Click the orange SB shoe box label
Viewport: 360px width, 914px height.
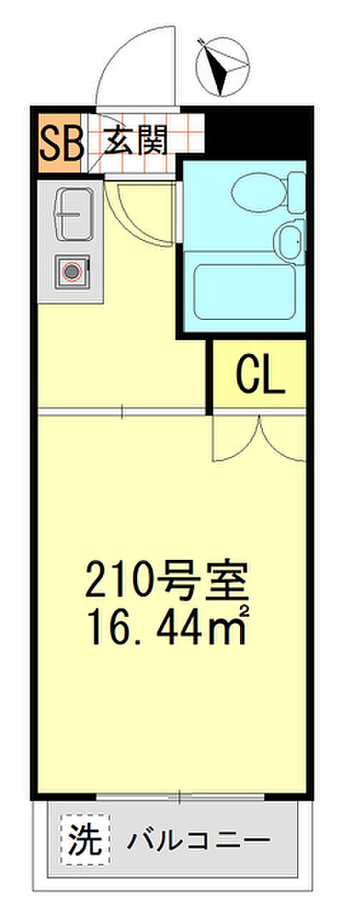(x=61, y=143)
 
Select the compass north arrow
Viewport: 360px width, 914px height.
(x=216, y=66)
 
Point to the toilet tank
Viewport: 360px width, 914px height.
(x=296, y=192)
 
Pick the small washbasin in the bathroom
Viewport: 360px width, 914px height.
(x=290, y=241)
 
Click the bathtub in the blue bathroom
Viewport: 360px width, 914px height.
(x=245, y=291)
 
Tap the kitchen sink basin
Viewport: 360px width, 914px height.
(x=74, y=214)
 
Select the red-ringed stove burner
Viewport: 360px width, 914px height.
(x=72, y=271)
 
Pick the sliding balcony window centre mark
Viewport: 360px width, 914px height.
(x=179, y=795)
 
